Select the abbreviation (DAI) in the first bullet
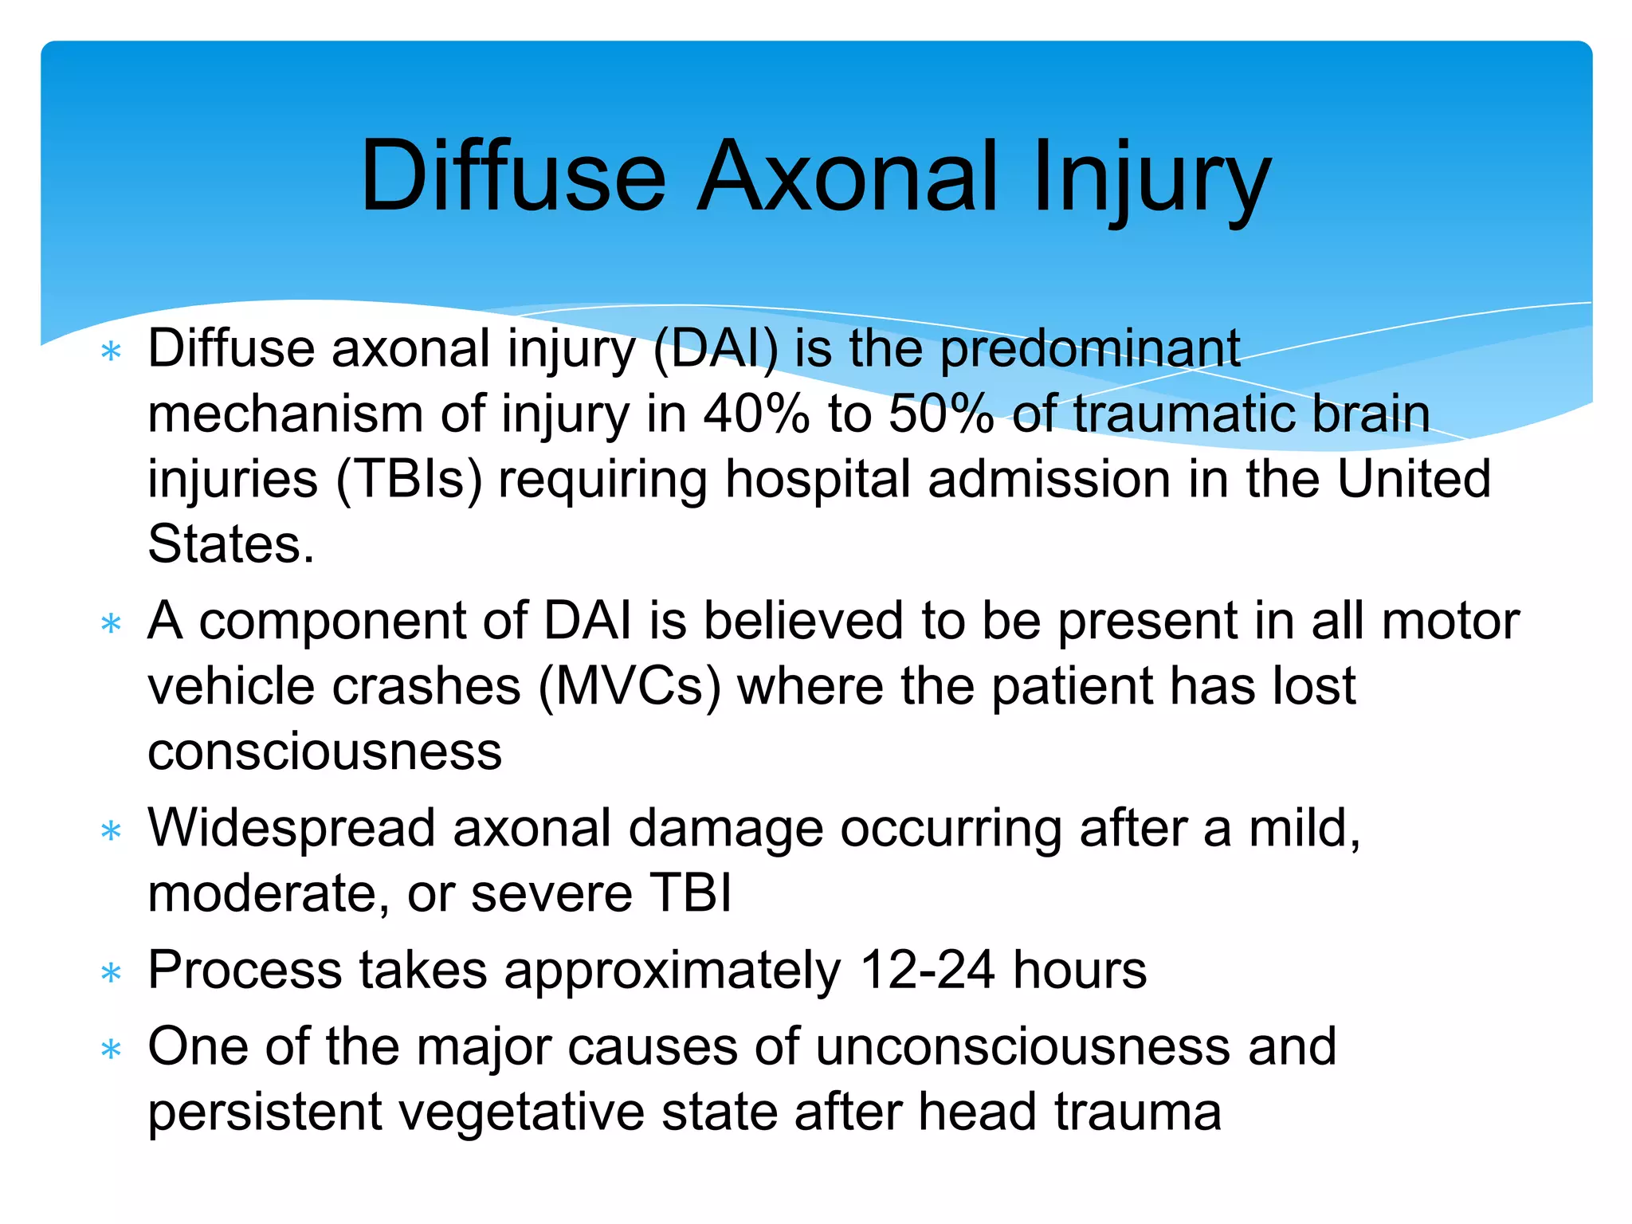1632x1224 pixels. pyautogui.click(x=715, y=349)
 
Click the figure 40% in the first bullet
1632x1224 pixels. pyautogui.click(x=756, y=414)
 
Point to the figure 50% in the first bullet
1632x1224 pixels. pyautogui.click(x=941, y=414)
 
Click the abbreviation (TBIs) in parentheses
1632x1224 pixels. pyautogui.click(x=409, y=480)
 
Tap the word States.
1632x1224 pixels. pyautogui.click(x=231, y=545)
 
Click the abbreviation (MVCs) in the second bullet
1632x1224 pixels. pyautogui.click(x=630, y=686)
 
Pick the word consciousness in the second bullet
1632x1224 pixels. pyautogui.click(x=325, y=751)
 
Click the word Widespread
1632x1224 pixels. pyautogui.click(x=292, y=829)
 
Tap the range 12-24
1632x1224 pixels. pyautogui.click(x=927, y=971)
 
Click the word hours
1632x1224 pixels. pyautogui.click(x=1080, y=971)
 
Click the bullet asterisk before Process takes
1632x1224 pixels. pyautogui.click(x=112, y=973)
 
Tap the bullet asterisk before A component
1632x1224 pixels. pyautogui.click(x=112, y=623)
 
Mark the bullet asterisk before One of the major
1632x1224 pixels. pyautogui.click(x=112, y=1049)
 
